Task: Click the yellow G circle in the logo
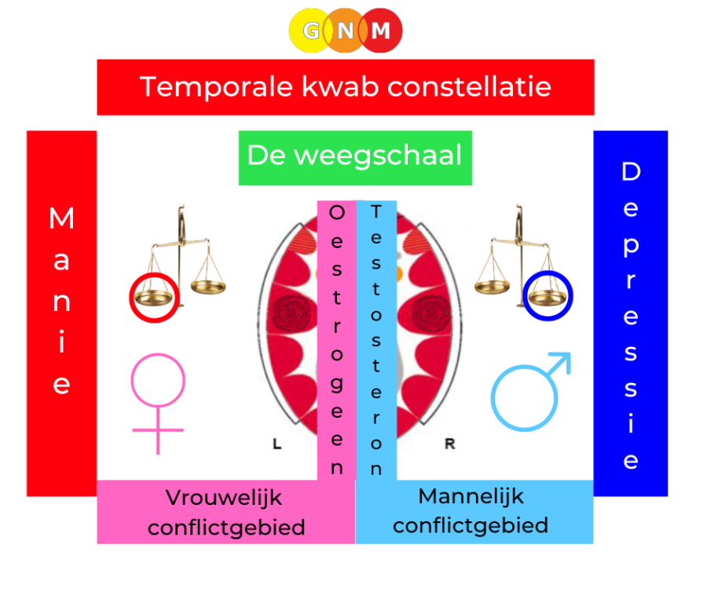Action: click(x=310, y=30)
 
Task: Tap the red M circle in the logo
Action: click(x=380, y=30)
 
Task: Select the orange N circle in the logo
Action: click(x=346, y=30)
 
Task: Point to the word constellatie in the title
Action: click(x=469, y=86)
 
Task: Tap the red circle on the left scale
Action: click(x=154, y=298)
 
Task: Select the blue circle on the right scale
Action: click(x=548, y=295)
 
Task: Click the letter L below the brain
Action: click(x=277, y=444)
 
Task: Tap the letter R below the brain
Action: click(x=449, y=444)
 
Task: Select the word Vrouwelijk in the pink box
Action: click(x=224, y=499)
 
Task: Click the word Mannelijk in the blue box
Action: click(x=471, y=496)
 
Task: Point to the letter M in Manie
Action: click(x=61, y=218)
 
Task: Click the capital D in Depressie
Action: click(x=631, y=171)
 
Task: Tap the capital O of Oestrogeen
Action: click(x=337, y=212)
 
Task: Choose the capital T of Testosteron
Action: click(x=376, y=211)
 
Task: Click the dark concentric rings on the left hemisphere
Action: click(x=291, y=313)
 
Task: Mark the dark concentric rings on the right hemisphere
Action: click(x=431, y=313)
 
